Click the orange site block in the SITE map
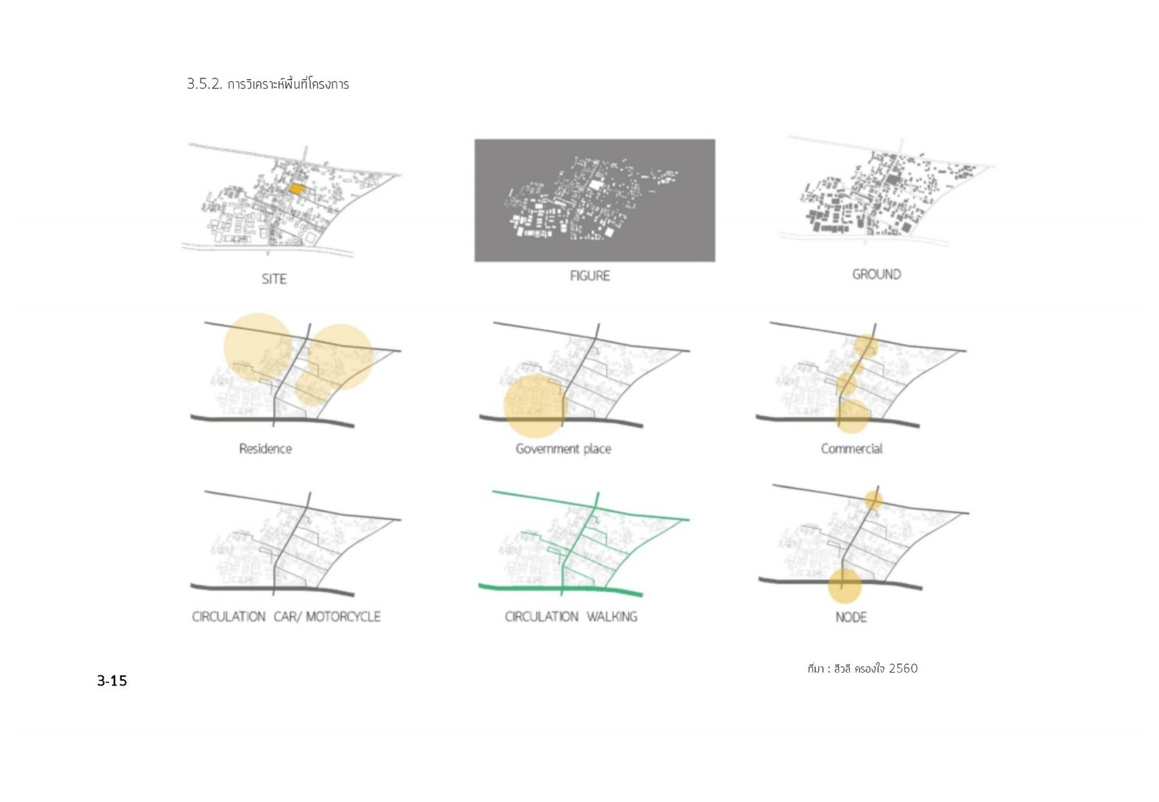click(x=296, y=189)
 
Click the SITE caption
click(x=274, y=279)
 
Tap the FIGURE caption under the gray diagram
click(x=589, y=275)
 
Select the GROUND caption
click(x=876, y=274)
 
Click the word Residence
click(x=265, y=449)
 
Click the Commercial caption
click(x=851, y=449)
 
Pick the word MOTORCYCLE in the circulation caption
click(x=343, y=617)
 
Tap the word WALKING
click(x=612, y=617)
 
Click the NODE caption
click(x=851, y=617)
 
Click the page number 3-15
click(x=112, y=680)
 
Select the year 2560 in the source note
click(x=903, y=668)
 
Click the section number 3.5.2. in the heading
click(x=204, y=84)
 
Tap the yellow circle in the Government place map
click(x=534, y=406)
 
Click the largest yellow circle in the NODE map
click(x=844, y=585)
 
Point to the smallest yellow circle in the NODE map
click(x=873, y=499)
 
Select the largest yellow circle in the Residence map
click(x=258, y=346)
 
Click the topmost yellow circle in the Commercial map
click(x=866, y=346)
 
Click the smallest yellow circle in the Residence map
click(x=312, y=389)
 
